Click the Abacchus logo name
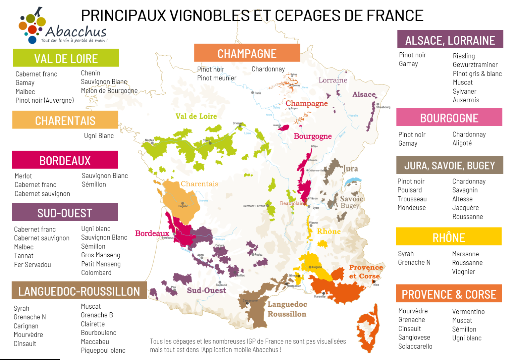click(76, 32)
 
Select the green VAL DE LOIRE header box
click(66, 58)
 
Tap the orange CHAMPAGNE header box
click(247, 53)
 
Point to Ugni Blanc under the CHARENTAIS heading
click(99, 136)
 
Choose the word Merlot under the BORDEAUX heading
click(23, 176)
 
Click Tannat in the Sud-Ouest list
click(23, 256)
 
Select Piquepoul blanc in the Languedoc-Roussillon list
click(103, 351)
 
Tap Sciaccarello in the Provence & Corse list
click(415, 347)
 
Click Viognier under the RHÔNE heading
click(463, 272)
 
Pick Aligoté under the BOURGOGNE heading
click(462, 143)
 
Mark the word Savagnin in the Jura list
click(465, 190)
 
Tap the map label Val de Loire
click(196, 116)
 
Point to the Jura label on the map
click(350, 169)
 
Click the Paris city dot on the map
click(252, 93)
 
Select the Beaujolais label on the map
click(291, 203)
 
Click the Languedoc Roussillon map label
click(287, 309)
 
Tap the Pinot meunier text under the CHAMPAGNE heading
click(217, 78)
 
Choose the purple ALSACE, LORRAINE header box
click(450, 40)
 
